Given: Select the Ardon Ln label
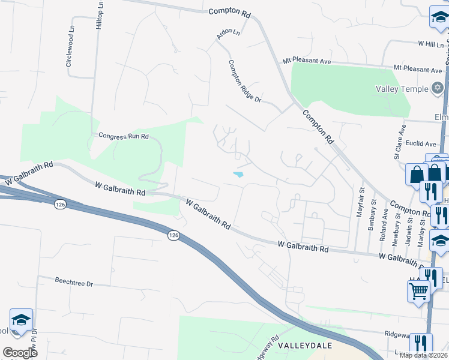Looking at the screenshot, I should click(228, 35).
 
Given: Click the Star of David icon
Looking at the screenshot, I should click(438, 89).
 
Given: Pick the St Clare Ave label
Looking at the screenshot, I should click(397, 142).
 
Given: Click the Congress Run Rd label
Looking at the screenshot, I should click(123, 136).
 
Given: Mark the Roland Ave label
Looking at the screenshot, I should click(384, 214).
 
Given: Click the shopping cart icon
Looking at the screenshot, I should click(418, 292).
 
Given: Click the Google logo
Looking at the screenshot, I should click(20, 353).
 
